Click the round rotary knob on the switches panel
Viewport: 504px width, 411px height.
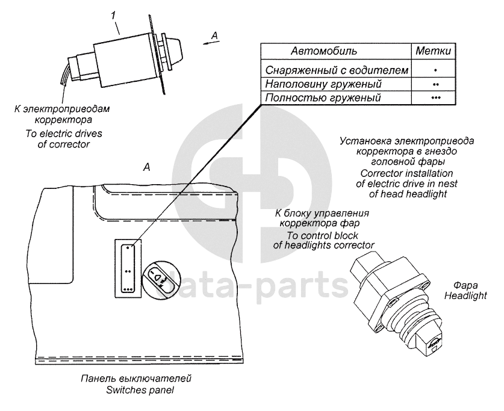click(160, 279)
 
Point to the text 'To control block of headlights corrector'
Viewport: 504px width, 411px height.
click(322, 239)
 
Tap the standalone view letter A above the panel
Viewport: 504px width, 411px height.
click(146, 168)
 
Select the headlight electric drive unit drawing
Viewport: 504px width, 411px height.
click(397, 301)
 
